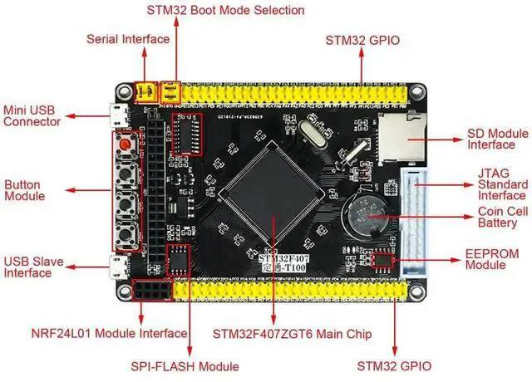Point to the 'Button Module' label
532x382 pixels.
(x=25, y=190)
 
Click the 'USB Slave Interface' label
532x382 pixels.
(x=32, y=267)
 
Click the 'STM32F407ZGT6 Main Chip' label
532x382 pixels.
(x=293, y=334)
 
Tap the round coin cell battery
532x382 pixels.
(x=367, y=218)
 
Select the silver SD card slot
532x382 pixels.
(x=402, y=136)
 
